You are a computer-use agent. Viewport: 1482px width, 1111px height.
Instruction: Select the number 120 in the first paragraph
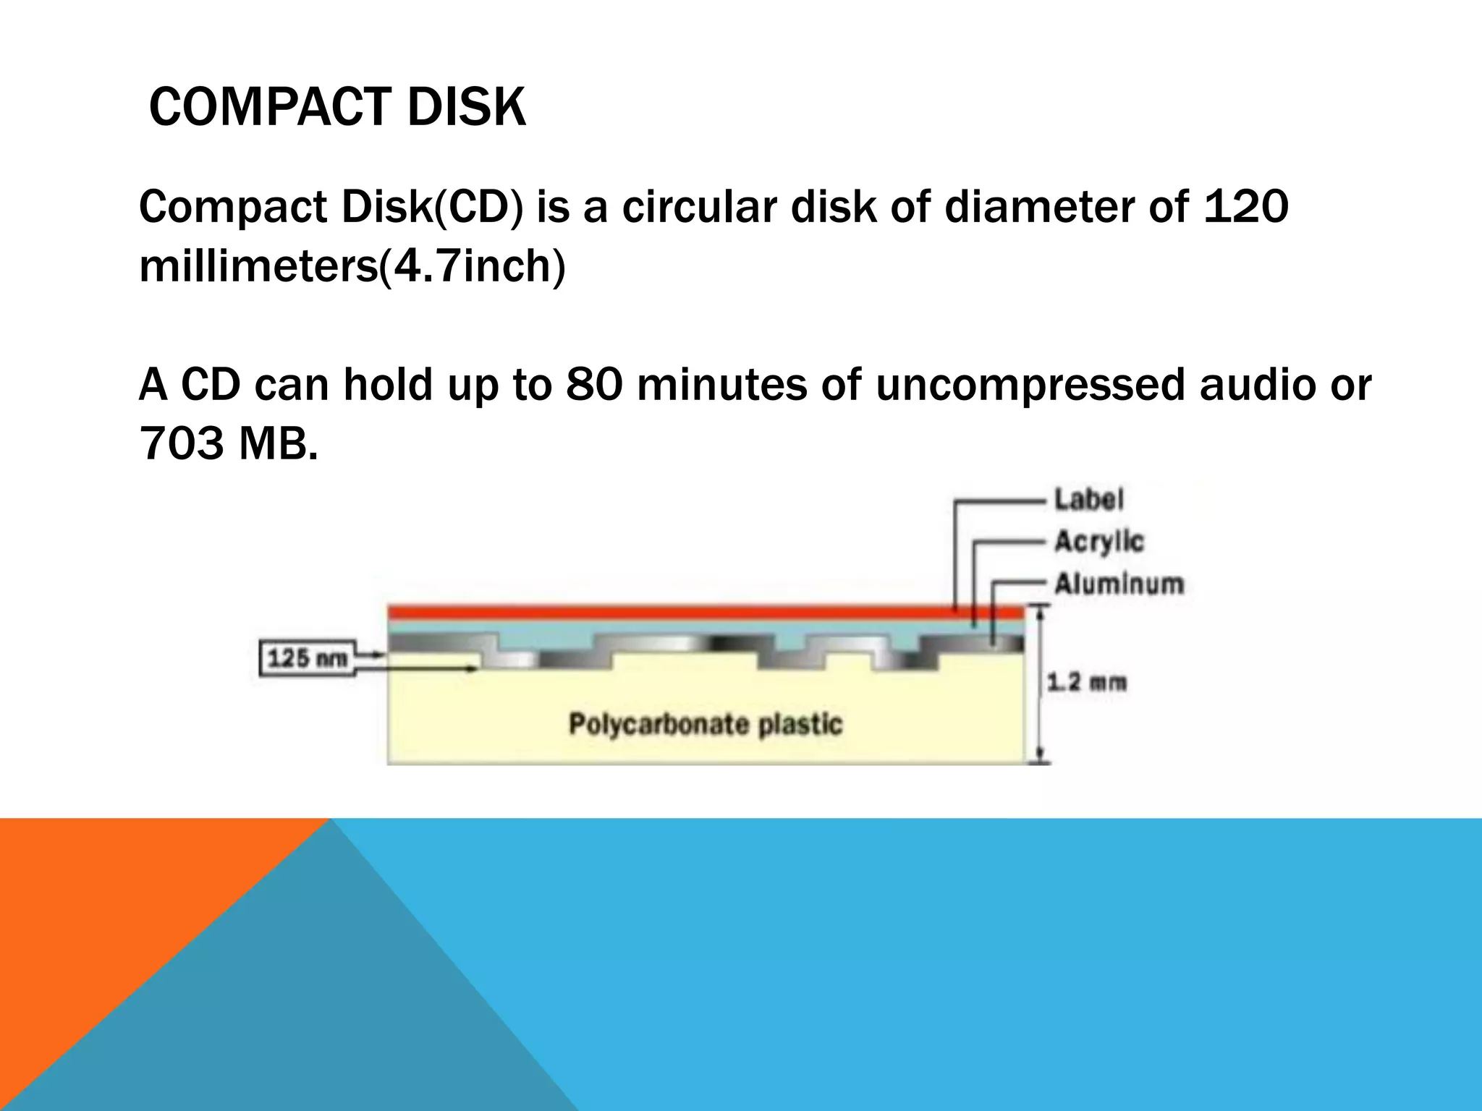[1245, 207]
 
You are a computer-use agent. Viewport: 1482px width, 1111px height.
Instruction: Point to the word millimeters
[258, 266]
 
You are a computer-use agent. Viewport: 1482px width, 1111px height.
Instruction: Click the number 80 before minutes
[593, 384]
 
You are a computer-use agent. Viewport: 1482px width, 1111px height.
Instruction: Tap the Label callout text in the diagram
[1088, 500]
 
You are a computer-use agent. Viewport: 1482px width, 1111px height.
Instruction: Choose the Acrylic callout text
[1098, 542]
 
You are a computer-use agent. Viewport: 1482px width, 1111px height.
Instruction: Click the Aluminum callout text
[1118, 584]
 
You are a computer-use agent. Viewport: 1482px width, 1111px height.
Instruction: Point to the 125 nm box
[308, 658]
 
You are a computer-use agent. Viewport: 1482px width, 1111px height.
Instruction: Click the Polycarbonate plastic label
[706, 724]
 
